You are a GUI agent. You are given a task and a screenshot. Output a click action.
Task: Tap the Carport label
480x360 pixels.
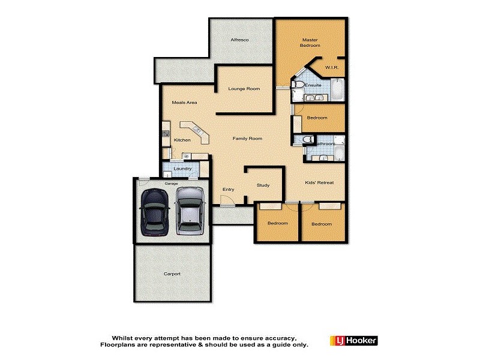point(172,274)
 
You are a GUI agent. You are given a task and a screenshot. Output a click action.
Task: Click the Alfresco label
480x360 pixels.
point(240,40)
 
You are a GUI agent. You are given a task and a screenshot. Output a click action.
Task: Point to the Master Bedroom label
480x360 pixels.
point(310,43)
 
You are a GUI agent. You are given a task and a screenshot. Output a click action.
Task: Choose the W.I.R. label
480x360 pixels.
point(332,68)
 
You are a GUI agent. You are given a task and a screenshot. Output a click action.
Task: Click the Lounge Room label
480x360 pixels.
point(244,89)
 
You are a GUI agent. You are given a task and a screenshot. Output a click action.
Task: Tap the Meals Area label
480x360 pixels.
point(185,103)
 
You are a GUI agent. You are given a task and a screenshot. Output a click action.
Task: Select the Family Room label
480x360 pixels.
point(248,139)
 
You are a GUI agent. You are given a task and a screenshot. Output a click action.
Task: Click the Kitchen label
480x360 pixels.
point(182,140)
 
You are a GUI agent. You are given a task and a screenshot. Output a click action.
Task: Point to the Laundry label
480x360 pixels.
point(182,169)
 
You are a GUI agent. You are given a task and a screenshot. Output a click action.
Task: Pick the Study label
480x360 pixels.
point(263,185)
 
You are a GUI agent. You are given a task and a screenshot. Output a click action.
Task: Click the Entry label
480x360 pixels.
point(228,190)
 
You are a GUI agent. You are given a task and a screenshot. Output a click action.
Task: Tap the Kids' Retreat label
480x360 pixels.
point(319,182)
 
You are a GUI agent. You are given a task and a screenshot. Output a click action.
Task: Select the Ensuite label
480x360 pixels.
point(313,86)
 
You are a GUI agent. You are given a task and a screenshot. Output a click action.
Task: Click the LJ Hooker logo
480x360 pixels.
point(353,341)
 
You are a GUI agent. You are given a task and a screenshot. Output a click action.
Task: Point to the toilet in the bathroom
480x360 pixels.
point(307,139)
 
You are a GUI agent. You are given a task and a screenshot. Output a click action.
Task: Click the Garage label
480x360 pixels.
point(172,183)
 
